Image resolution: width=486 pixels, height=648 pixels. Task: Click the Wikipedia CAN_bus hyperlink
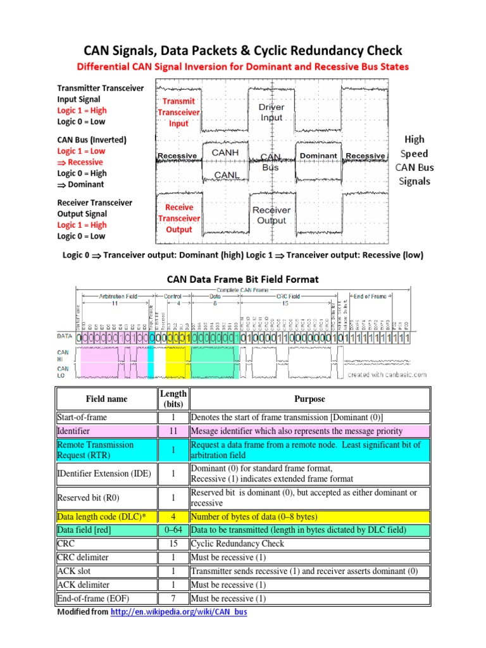(x=178, y=613)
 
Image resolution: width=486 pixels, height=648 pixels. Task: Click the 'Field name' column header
(x=106, y=399)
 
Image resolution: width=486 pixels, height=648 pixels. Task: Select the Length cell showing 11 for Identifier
(x=173, y=431)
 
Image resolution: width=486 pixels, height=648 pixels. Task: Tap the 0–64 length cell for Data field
(x=173, y=530)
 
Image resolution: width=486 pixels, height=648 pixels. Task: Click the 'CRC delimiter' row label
(x=83, y=557)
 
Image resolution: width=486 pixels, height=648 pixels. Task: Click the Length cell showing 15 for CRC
(x=173, y=544)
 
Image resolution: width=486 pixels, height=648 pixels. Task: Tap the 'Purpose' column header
(x=309, y=399)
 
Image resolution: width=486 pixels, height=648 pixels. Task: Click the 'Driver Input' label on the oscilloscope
(x=271, y=112)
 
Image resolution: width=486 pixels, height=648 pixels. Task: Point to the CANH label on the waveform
(x=225, y=153)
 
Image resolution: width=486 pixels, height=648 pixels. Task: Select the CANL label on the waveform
(x=226, y=175)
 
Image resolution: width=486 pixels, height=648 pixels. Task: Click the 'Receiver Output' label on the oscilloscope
(x=271, y=215)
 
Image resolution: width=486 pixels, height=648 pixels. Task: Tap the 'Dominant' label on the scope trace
(x=318, y=156)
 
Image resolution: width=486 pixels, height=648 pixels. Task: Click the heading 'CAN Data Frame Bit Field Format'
(x=242, y=278)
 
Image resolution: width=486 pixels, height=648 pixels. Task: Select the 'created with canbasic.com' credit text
(x=387, y=375)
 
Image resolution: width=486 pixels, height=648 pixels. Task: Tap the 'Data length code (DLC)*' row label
(x=101, y=516)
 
